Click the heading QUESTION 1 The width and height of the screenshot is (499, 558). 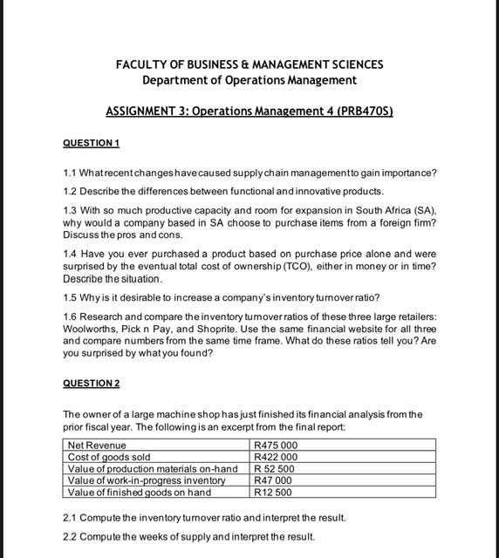pyautogui.click(x=91, y=143)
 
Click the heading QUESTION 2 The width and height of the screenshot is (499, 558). pyautogui.click(x=91, y=384)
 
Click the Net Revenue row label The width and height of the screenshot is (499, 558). pyautogui.click(x=97, y=446)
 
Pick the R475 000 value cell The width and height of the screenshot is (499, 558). pyautogui.click(x=276, y=446)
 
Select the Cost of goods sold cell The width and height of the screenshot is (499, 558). pyautogui.click(x=109, y=457)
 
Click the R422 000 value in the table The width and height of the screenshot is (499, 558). pyautogui.click(x=276, y=457)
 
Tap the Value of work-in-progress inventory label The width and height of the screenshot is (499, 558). pyautogui.click(x=147, y=480)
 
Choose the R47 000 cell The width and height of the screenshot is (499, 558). pyautogui.click(x=273, y=480)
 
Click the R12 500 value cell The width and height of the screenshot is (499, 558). pyautogui.click(x=273, y=492)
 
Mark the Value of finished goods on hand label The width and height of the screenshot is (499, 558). pyautogui.click(x=139, y=492)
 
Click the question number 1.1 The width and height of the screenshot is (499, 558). pyautogui.click(x=71, y=173)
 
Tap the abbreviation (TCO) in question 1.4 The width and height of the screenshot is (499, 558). pyautogui.click(x=295, y=266)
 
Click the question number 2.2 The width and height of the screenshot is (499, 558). pyautogui.click(x=71, y=536)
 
